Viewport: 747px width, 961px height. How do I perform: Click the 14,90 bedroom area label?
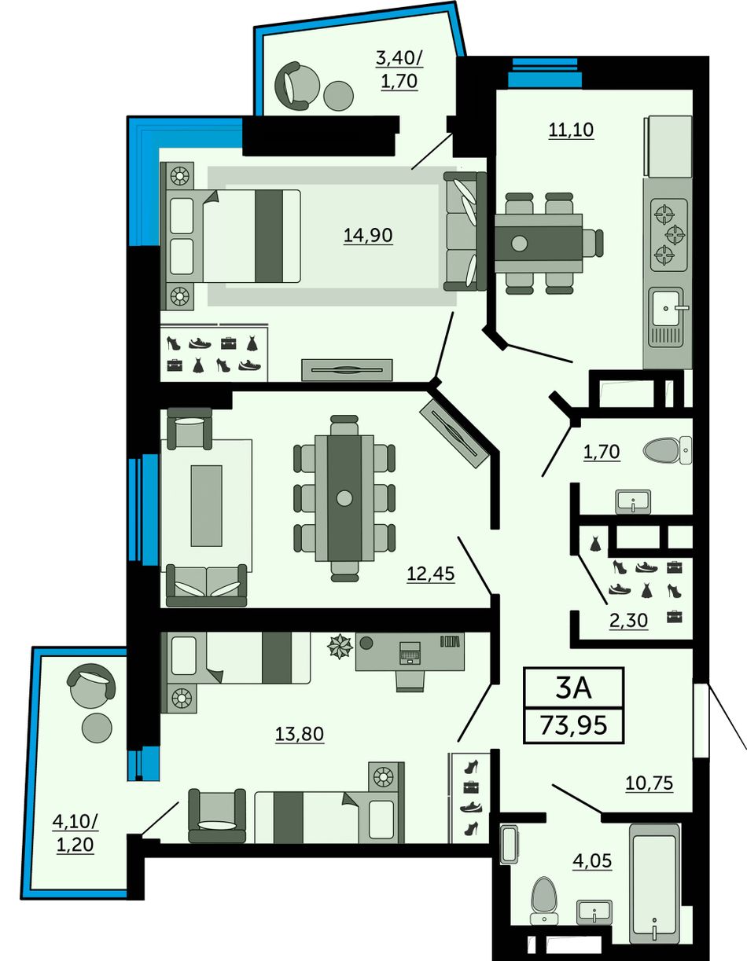pos(368,235)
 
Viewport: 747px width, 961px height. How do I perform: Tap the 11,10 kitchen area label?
pos(571,130)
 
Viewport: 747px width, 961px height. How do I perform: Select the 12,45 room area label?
pos(431,574)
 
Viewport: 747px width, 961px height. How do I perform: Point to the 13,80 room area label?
pos(300,734)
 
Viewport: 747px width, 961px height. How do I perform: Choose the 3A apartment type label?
pos(573,688)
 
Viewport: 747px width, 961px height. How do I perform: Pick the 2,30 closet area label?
pos(628,621)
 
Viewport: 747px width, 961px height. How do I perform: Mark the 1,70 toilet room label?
pos(602,452)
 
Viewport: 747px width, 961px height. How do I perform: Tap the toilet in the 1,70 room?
pos(668,451)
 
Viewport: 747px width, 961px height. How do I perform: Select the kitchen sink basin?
pos(666,307)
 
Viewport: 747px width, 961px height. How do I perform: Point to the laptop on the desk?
pos(410,652)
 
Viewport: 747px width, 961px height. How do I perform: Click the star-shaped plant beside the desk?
pos(340,646)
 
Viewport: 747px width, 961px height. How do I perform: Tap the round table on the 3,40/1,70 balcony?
pos(339,96)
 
